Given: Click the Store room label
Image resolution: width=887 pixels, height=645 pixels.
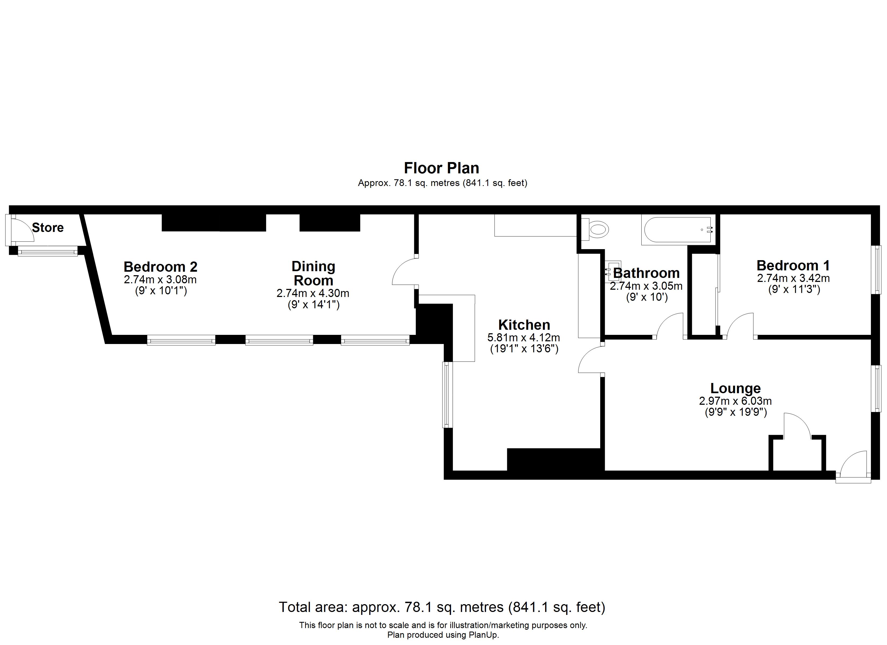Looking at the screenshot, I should pos(48,228).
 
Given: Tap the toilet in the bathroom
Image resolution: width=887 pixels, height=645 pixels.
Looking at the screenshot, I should pos(596,230).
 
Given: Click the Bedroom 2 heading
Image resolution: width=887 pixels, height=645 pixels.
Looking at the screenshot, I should pos(160,267).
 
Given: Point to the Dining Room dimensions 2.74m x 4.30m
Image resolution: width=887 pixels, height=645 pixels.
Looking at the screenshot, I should pos(313,293).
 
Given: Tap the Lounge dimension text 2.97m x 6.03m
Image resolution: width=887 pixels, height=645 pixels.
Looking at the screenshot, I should pos(735,401).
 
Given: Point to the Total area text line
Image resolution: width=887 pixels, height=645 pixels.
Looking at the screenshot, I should pos(442,607).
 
